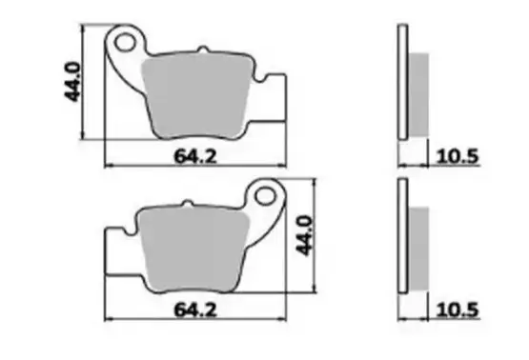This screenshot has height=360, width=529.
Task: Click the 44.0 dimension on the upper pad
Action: tap(72, 82)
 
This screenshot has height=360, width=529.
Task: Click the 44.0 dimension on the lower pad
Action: tap(305, 235)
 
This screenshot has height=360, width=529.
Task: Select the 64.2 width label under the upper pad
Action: tap(195, 156)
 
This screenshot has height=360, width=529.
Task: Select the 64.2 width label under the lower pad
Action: tap(195, 310)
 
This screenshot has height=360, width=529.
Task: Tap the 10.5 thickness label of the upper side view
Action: tap(458, 156)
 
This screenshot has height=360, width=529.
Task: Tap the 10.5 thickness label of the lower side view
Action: tap(458, 310)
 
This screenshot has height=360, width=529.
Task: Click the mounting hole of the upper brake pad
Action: tap(125, 42)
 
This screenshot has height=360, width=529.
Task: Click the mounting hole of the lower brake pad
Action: tap(266, 196)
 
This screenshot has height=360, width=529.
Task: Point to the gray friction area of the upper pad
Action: tap(196, 97)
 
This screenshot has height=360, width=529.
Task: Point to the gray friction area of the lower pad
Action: tap(193, 250)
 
